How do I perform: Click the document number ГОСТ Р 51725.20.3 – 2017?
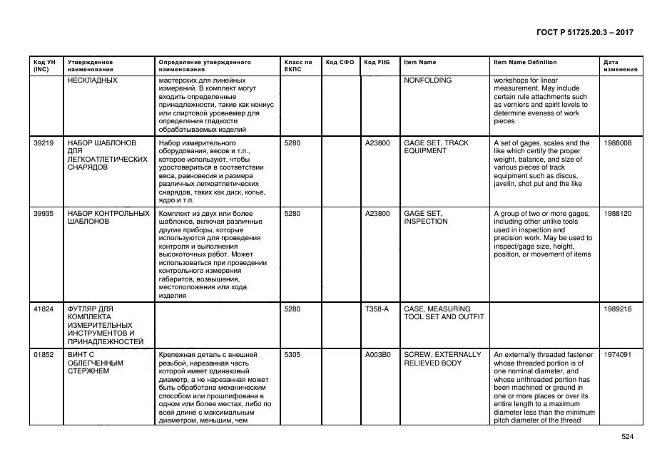[584, 32]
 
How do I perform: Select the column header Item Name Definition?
[525, 62]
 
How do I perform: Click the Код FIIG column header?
[377, 62]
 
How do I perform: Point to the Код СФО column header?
[340, 62]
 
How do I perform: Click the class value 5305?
[292, 354]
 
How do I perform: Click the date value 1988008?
[617, 143]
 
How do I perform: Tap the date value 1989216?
[617, 309]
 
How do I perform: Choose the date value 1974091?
[617, 354]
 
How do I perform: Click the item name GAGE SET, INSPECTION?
[426, 217]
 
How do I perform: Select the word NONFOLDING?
[428, 81]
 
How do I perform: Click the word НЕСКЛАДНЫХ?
[92, 81]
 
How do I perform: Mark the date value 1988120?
[617, 213]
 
